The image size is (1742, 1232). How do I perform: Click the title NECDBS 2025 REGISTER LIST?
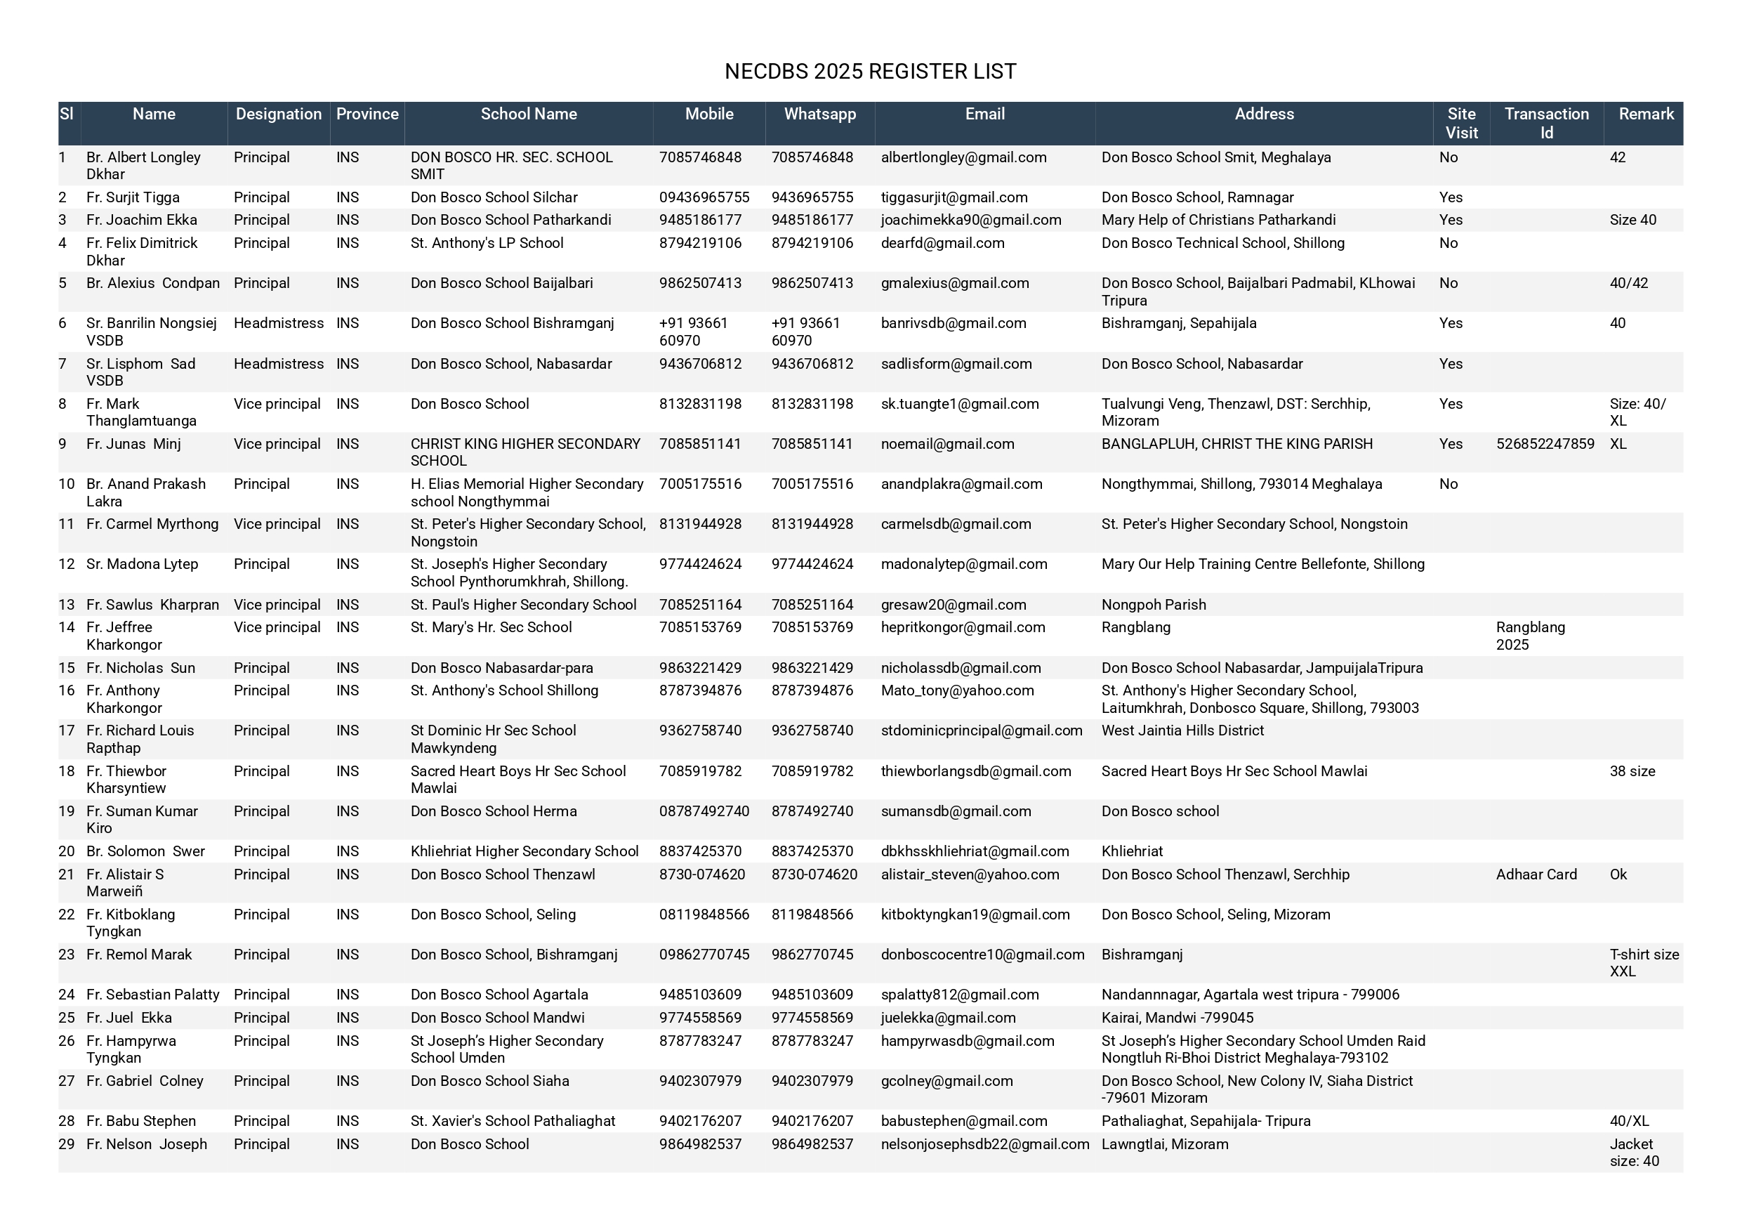tap(870, 72)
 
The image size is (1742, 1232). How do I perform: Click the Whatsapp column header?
tap(819, 114)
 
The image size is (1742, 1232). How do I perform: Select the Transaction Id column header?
tap(1546, 123)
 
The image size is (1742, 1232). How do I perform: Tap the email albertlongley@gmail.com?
tap(963, 157)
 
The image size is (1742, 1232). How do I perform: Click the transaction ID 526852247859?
tap(1545, 443)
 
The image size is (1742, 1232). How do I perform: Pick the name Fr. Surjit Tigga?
tap(133, 197)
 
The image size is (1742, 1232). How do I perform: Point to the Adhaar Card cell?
tap(1536, 874)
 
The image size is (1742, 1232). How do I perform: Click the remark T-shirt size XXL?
tap(1644, 962)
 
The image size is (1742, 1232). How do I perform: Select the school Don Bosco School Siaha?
tap(489, 1081)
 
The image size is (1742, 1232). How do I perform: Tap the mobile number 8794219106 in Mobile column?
tap(700, 243)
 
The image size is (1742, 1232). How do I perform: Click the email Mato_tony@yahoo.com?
tap(957, 690)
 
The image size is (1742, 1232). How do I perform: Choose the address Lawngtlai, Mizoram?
tap(1165, 1144)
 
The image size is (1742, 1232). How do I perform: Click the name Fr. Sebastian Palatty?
tap(152, 995)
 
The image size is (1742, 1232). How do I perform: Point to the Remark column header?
tap(1646, 114)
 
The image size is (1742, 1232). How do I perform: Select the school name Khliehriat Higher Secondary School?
tap(524, 851)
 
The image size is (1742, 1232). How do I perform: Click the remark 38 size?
tap(1632, 771)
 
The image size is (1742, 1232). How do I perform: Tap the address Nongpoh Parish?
tap(1153, 604)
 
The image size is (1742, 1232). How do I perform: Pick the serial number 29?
tap(67, 1144)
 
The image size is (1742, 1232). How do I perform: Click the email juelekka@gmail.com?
tap(948, 1017)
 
